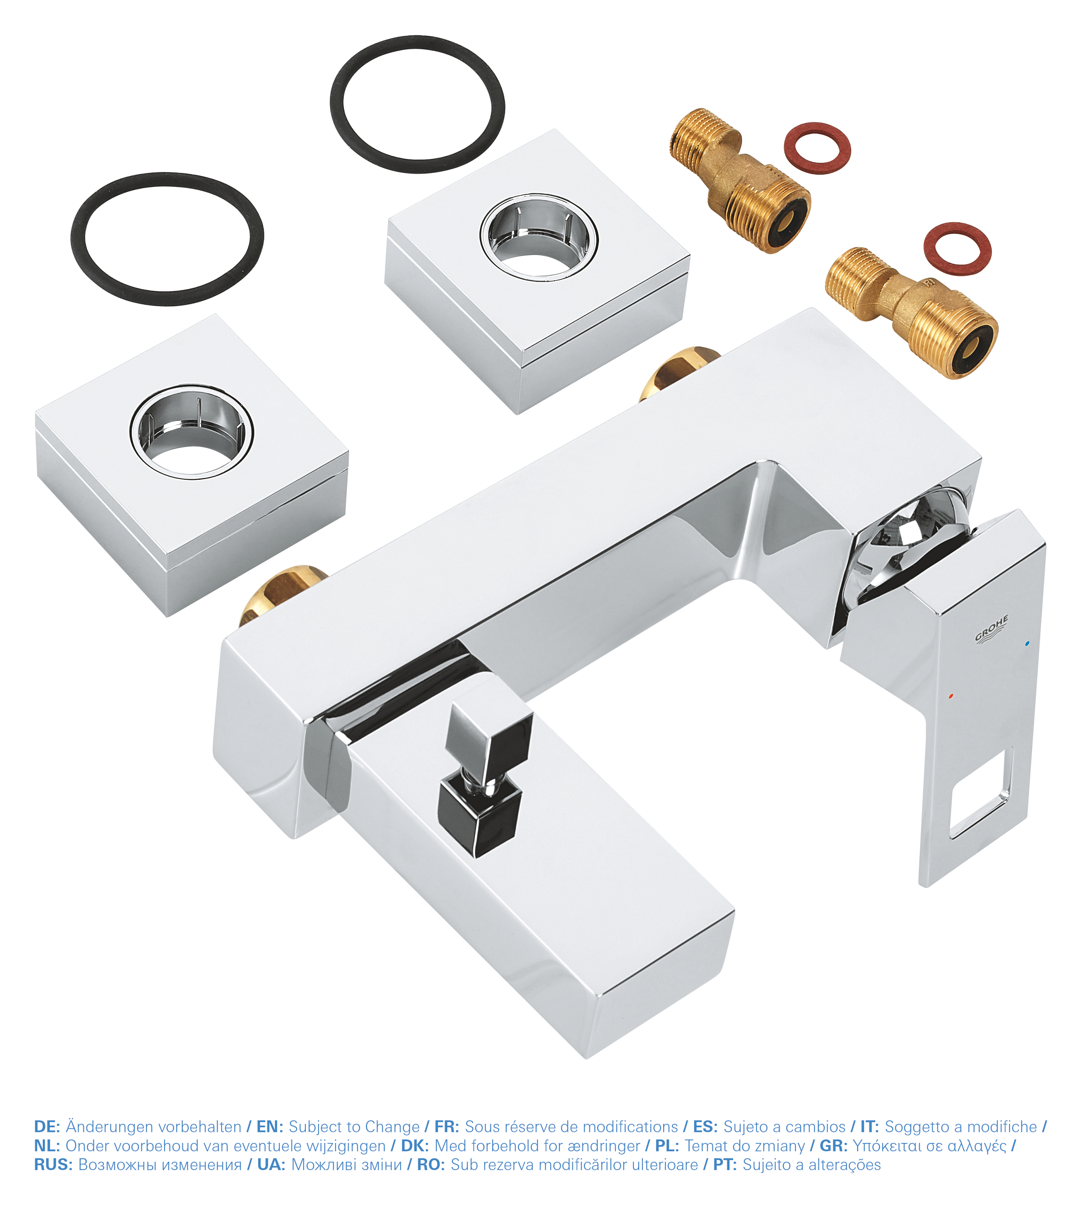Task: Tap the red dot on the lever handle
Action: coord(951,695)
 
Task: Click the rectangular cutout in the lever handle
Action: coord(979,793)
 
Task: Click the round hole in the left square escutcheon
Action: coord(192,432)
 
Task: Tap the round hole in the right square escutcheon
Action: coord(539,237)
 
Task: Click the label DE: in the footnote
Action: coord(47,1126)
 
